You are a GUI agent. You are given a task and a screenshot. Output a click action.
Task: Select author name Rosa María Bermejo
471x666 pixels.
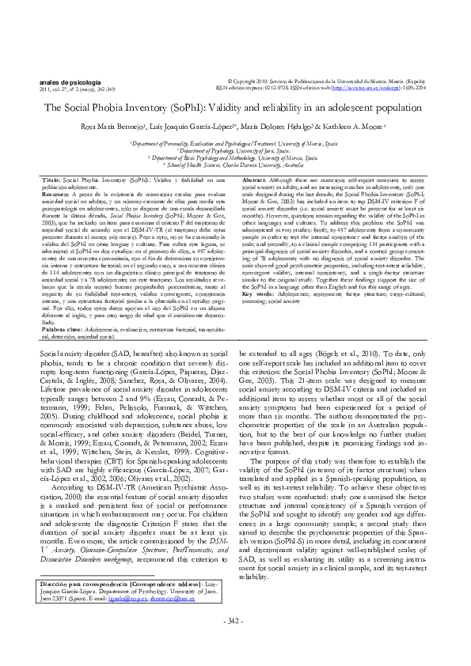pos(122,127)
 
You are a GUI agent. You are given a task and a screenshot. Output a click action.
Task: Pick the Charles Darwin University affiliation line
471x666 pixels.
pos(235,165)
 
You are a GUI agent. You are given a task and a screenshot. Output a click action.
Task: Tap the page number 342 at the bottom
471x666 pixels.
pos(235,640)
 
